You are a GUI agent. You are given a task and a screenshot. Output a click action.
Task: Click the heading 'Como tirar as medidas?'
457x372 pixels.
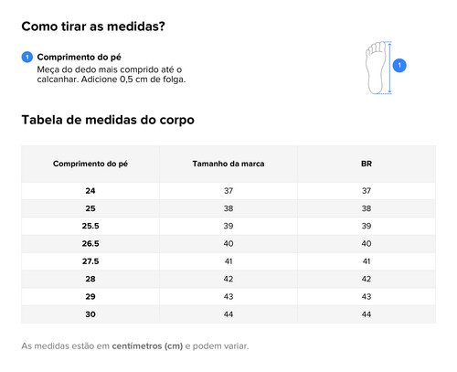pos(93,27)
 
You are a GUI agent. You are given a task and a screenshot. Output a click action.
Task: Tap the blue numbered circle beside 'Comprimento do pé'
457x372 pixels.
pos(27,57)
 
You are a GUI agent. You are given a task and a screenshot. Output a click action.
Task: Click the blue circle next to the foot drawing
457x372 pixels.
pos(399,66)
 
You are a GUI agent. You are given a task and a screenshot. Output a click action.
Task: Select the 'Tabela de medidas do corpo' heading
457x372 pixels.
pos(108,120)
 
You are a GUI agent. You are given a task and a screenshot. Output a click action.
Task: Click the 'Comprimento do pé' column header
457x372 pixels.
pos(90,164)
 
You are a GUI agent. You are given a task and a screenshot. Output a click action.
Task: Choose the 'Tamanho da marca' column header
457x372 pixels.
pos(228,164)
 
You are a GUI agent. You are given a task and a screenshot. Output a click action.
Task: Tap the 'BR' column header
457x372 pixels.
pos(367,164)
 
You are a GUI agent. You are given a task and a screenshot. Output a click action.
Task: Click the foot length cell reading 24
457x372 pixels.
pos(90,191)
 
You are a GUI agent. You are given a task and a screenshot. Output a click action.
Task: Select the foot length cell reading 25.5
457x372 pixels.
pos(90,226)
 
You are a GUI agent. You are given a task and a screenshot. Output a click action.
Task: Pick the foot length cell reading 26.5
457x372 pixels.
pos(90,244)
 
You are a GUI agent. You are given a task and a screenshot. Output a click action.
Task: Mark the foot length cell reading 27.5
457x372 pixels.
pos(90,261)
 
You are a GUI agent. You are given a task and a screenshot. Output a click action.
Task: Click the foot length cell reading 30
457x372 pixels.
pos(90,314)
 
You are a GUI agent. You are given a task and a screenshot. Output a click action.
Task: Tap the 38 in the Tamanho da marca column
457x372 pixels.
pos(228,208)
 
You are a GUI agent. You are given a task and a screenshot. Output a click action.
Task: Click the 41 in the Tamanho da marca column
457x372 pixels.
pos(228,261)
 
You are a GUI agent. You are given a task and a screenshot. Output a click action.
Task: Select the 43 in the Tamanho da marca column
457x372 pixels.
pos(228,296)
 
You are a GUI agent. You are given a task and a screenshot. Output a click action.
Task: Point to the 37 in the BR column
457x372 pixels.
pos(367,191)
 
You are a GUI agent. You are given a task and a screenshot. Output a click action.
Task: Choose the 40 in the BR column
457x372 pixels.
pos(367,244)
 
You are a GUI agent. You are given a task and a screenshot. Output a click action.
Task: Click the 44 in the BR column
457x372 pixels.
pos(367,314)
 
